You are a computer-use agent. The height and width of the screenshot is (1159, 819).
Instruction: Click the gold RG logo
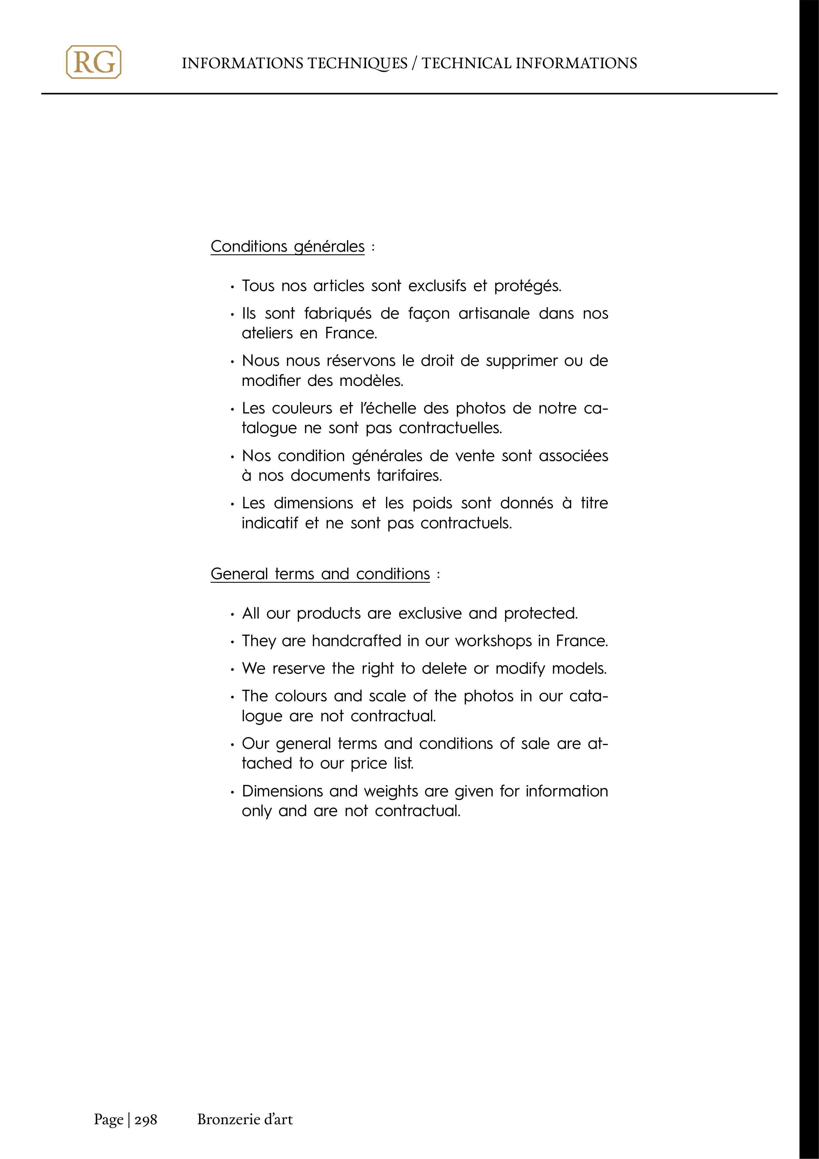point(93,62)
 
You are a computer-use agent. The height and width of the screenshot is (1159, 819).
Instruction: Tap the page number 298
point(146,1119)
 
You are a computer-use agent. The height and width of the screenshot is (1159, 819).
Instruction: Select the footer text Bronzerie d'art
point(245,1119)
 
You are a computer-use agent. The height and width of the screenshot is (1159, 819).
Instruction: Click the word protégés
point(527,286)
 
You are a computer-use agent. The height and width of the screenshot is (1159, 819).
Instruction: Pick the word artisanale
point(494,313)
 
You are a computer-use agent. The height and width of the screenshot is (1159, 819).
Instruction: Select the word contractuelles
point(450,428)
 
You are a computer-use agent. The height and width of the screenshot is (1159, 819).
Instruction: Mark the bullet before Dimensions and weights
point(232,792)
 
